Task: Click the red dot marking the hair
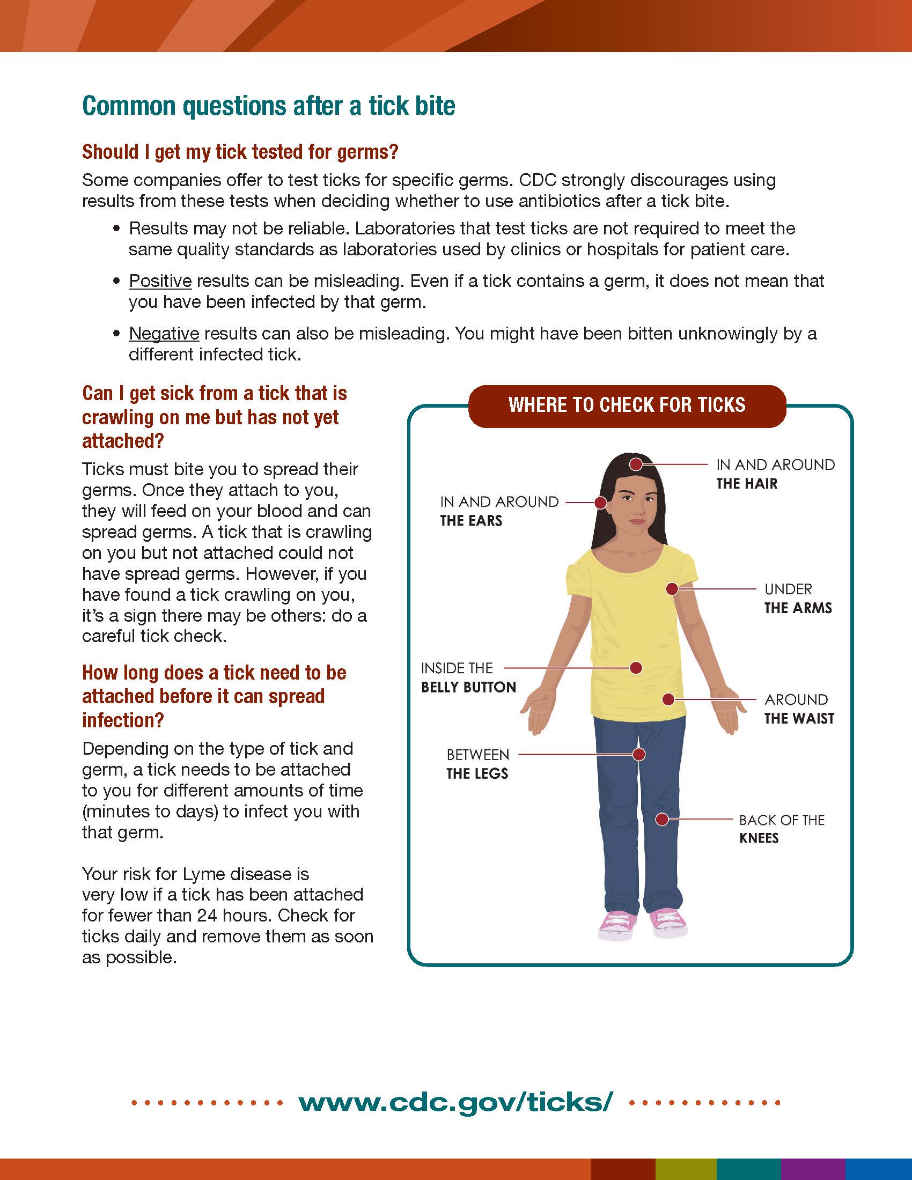[637, 464]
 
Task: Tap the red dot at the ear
[600, 503]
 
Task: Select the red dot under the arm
[672, 589]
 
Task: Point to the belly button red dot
[636, 668]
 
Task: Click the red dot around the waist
[668, 699]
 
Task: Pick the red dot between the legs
[639, 754]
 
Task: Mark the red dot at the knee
[662, 820]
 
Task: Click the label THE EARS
[471, 521]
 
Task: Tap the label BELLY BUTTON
[468, 687]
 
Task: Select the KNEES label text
[759, 838]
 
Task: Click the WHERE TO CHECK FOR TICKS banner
[627, 405]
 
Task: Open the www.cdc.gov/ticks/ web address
[455, 1102]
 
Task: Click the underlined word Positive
[160, 281]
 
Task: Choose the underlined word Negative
[164, 334]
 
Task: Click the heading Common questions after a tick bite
[269, 106]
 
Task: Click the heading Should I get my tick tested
[240, 152]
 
